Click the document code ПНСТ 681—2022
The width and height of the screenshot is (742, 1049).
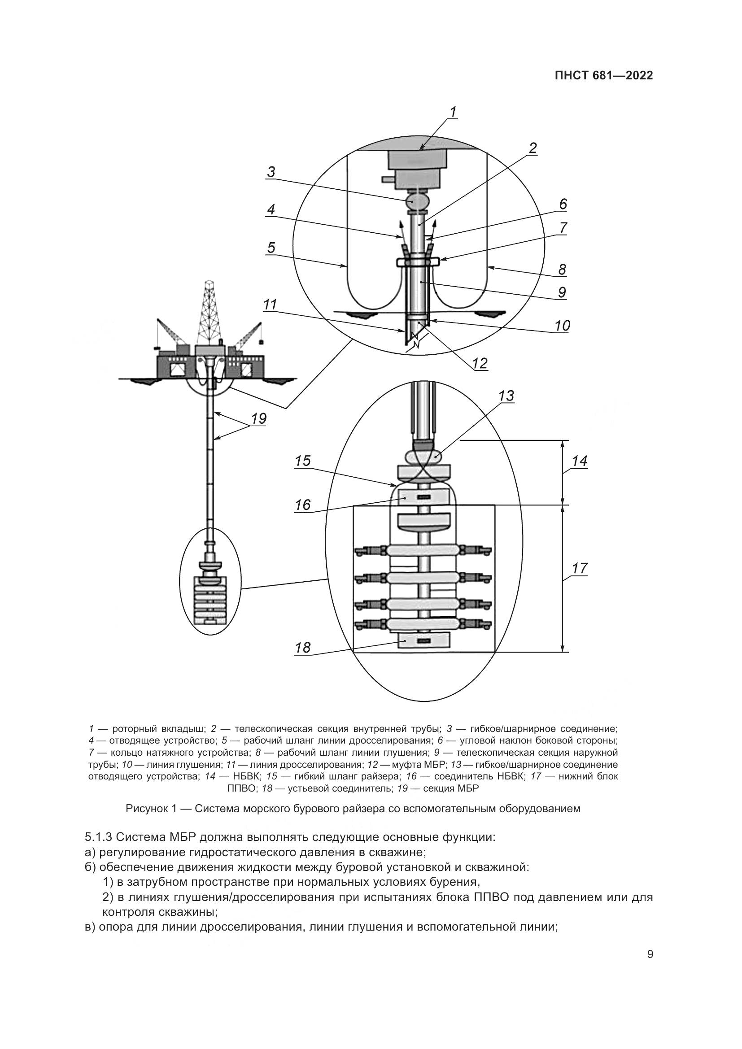(x=603, y=76)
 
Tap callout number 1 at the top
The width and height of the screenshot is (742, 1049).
(x=453, y=112)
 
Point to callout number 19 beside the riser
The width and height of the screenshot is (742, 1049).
(x=258, y=418)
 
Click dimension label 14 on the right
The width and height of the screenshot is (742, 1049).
(x=579, y=461)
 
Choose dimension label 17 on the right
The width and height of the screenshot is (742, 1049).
(x=579, y=569)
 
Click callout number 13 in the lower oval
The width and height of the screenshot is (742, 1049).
(x=506, y=396)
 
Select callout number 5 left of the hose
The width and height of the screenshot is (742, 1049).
(x=271, y=248)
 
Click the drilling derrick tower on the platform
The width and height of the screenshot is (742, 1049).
(x=210, y=315)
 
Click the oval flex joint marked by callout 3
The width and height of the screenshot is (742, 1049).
(x=418, y=200)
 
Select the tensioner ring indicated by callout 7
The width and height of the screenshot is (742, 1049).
(x=418, y=262)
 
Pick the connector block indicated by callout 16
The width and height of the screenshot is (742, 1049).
(x=424, y=496)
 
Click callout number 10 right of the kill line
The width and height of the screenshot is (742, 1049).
(x=563, y=325)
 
